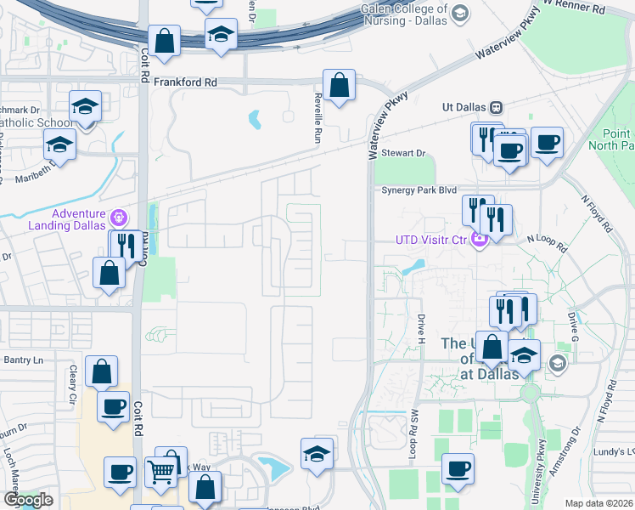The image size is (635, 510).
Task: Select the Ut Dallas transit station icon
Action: [x=496, y=108]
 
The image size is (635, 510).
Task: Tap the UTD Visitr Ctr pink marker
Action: [x=479, y=240]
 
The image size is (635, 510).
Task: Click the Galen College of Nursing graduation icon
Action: [x=459, y=14]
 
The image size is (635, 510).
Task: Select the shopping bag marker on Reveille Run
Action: [x=339, y=86]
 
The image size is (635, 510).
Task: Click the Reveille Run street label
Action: [x=318, y=116]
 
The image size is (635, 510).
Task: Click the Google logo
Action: [x=28, y=500]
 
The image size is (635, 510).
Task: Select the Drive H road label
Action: [x=420, y=328]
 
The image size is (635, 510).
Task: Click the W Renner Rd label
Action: [x=574, y=7]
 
